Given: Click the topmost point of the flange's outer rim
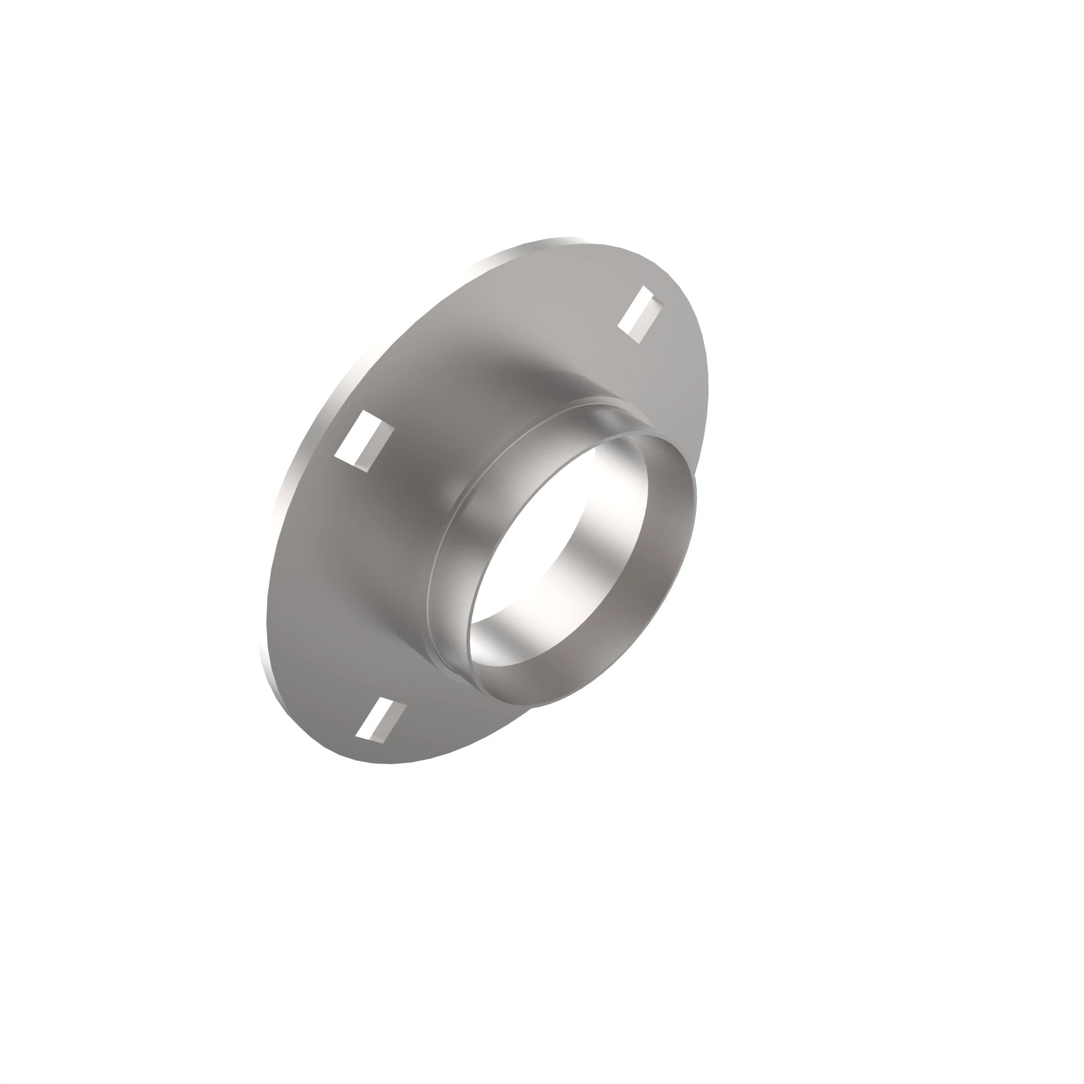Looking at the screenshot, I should (x=567, y=238).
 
